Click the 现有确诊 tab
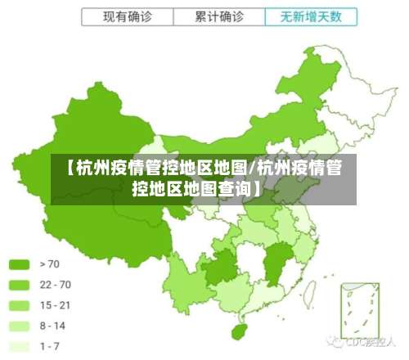point(128,16)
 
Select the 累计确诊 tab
point(219,16)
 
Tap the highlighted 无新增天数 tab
point(311,16)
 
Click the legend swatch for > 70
point(20,264)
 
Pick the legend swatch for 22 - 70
point(20,285)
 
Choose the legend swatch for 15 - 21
point(20,305)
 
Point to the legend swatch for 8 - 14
point(20,326)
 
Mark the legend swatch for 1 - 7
point(20,346)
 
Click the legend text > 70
point(49,264)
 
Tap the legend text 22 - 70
point(55,285)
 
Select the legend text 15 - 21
point(55,305)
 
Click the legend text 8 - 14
point(52,326)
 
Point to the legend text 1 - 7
point(49,346)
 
